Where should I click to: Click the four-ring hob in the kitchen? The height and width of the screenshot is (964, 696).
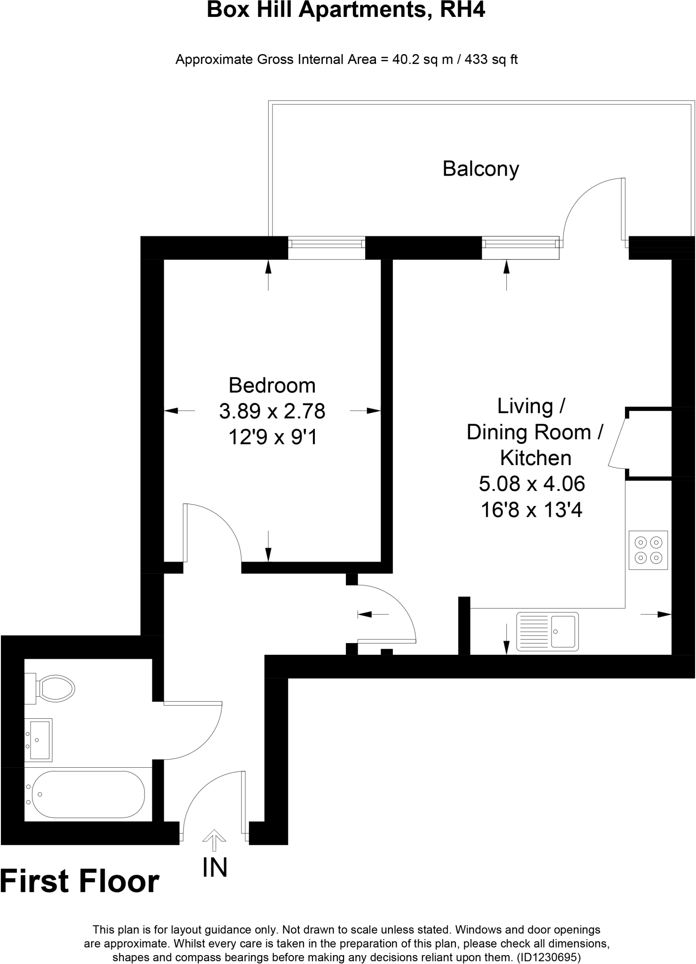click(x=648, y=550)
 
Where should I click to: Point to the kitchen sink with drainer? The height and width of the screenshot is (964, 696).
click(x=547, y=632)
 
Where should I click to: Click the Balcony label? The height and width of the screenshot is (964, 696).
click(x=480, y=169)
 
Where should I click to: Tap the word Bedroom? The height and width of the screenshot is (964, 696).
click(x=272, y=386)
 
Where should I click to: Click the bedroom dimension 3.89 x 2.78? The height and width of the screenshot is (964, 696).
click(x=272, y=411)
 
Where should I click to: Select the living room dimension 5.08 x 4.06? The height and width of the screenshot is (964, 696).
click(x=532, y=483)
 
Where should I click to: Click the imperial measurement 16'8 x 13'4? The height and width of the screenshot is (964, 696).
click(x=532, y=510)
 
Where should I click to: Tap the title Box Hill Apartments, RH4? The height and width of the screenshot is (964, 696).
click(x=346, y=10)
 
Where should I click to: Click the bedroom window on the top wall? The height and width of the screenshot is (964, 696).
click(x=326, y=247)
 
